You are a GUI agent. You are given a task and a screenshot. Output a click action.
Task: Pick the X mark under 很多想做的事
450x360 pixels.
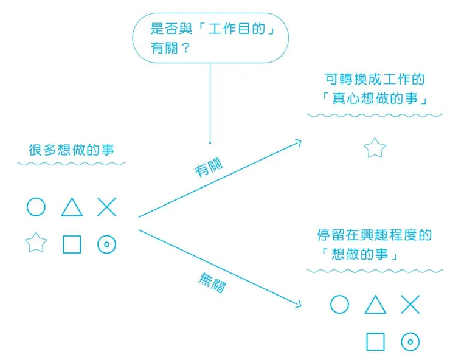pos(107,207)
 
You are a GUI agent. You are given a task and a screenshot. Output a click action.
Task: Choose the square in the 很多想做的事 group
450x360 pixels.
pos(63,244)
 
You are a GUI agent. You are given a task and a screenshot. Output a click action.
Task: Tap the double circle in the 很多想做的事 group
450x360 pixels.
pos(98,244)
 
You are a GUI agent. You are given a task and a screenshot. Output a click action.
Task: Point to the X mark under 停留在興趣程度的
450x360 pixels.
pos(410,304)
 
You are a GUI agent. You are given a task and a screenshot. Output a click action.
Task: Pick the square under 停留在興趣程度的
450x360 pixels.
pos(367,342)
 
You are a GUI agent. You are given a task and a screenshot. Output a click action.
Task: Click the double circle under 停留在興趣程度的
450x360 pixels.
pos(402,342)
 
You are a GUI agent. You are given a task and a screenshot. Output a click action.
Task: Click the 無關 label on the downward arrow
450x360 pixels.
pos(212,283)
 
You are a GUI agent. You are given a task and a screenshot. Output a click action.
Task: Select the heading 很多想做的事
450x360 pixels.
pos(72,150)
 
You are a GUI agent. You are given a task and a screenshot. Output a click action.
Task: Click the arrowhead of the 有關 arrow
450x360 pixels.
pos(301,140)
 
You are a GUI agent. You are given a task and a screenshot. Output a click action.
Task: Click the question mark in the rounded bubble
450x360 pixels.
pos(186,48)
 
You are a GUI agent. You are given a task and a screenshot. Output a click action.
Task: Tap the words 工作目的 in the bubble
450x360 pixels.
pos(237,29)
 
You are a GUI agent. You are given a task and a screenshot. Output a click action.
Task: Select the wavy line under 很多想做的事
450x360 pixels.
pos(72,164)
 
